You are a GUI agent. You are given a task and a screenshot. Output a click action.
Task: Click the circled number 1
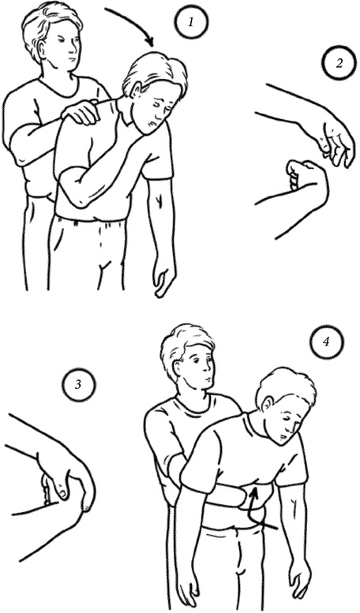[191, 22]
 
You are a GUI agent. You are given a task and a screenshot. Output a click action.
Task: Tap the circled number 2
[339, 63]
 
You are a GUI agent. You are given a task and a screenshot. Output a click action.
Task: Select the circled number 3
[78, 385]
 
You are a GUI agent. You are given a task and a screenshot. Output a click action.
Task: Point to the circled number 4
[326, 342]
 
